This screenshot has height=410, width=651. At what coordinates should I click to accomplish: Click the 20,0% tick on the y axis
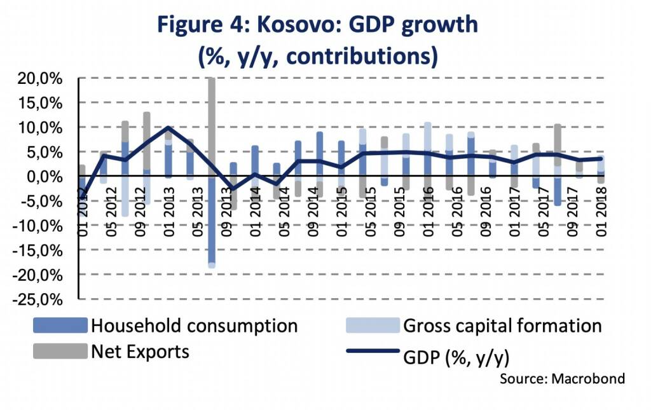click(x=39, y=79)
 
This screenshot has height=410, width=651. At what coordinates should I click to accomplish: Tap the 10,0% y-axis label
click(x=39, y=128)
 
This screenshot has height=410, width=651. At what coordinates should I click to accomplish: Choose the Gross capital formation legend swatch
click(x=372, y=326)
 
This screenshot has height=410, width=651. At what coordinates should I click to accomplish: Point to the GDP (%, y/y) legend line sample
click(x=372, y=352)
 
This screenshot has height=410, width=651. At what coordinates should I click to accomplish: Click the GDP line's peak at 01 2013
click(x=168, y=127)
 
